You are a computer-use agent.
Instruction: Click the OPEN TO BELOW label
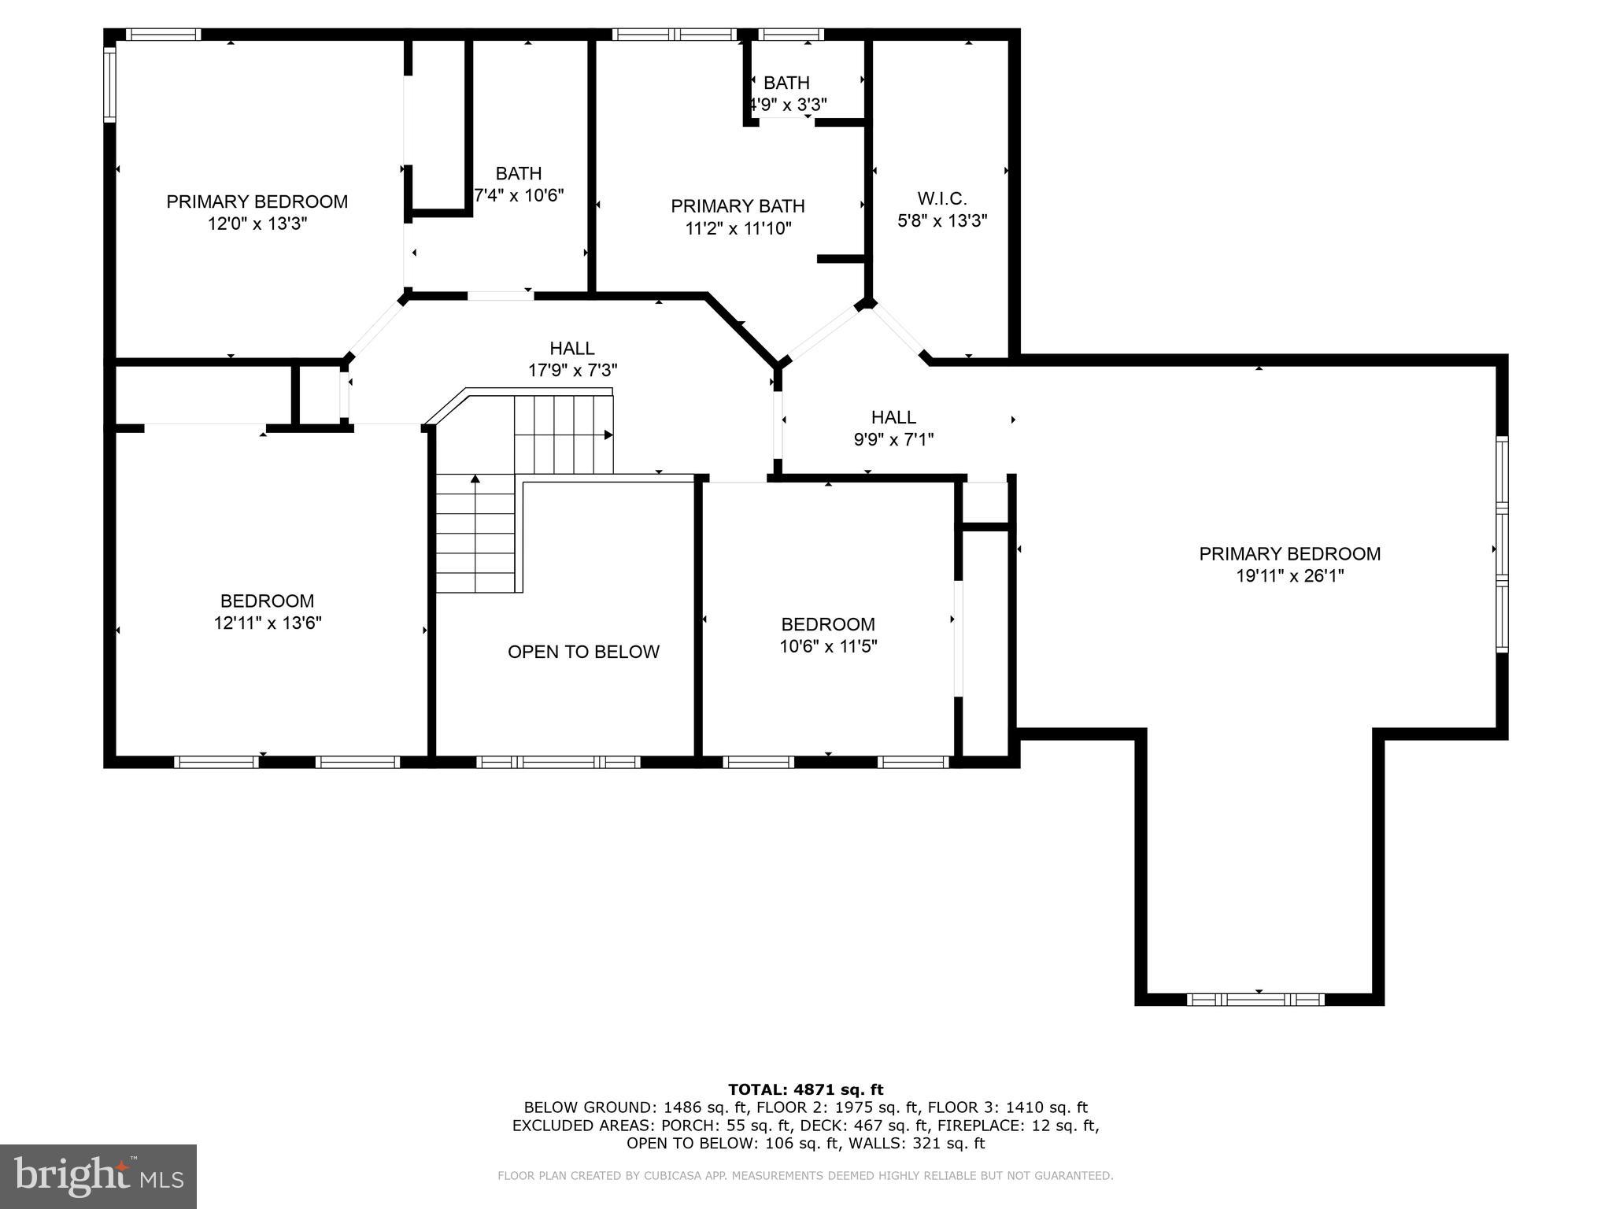pos(583,652)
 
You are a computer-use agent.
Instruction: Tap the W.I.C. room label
pos(942,198)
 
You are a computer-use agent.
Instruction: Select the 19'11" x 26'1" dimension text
pos(1289,576)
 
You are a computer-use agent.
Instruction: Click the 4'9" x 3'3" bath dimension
pos(787,105)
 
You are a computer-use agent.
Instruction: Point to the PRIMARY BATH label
pos(738,206)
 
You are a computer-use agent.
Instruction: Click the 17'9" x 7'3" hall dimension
pos(572,370)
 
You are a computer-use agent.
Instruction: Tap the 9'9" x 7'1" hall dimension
pos(893,439)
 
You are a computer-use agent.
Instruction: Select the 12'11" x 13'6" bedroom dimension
pos(268,623)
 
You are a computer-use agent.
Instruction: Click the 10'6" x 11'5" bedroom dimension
pos(828,646)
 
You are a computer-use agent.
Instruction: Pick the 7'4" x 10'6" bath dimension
pos(519,195)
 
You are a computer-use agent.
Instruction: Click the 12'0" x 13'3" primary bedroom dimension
pos(257,224)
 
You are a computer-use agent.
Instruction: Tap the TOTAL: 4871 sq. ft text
pos(805,1089)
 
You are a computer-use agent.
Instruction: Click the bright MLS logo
pos(98,1176)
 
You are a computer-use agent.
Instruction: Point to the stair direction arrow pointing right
pos(608,434)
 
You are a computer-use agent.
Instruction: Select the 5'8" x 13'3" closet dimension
pos(942,221)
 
